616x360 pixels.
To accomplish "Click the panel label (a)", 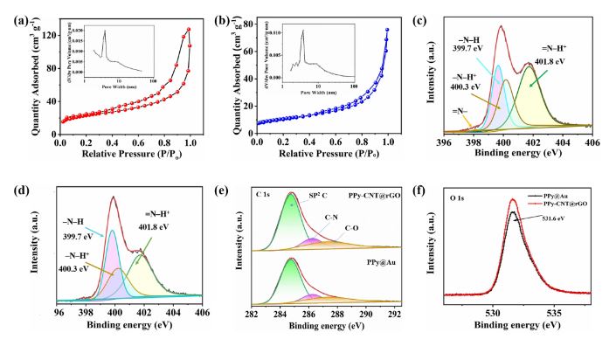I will coord(15,13).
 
